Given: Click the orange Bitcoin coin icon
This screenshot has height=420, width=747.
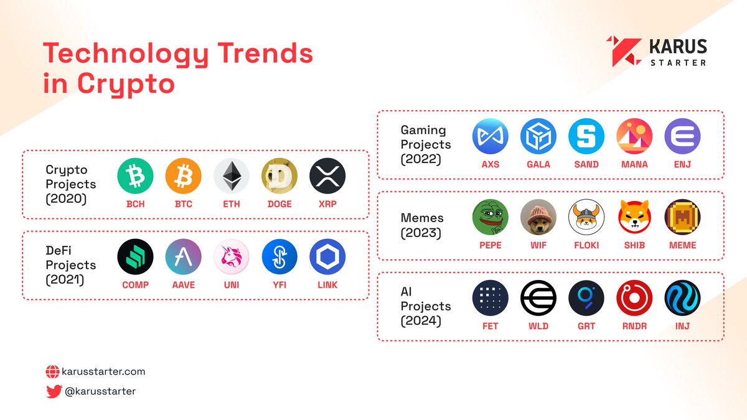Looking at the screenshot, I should point(184,176).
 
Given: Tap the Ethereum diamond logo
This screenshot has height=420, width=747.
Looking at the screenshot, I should point(232,176).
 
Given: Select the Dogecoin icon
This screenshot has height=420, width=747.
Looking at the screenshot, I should point(280,176).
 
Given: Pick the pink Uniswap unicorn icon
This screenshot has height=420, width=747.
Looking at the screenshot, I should point(232,257).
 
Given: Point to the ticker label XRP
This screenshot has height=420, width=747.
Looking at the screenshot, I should point(327,204).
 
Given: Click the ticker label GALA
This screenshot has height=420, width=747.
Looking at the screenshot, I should point(538,164).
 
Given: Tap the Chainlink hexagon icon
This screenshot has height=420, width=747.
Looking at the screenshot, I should point(327,257).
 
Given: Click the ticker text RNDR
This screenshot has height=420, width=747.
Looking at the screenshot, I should point(634,325).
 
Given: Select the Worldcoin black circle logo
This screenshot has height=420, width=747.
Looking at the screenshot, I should point(538,298).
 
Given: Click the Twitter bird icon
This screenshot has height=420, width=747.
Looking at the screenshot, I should point(53,391).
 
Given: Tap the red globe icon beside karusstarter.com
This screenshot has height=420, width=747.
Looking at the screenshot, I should point(53,372).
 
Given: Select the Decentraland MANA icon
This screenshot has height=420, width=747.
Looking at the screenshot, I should point(634,136).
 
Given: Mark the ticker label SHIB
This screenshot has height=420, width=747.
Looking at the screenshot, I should point(634,245).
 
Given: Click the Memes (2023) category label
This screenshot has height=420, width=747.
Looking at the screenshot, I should point(422,225).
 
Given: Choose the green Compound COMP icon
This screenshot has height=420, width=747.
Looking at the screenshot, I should point(136,257).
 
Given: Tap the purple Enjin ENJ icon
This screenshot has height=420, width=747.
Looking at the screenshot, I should point(682,136).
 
